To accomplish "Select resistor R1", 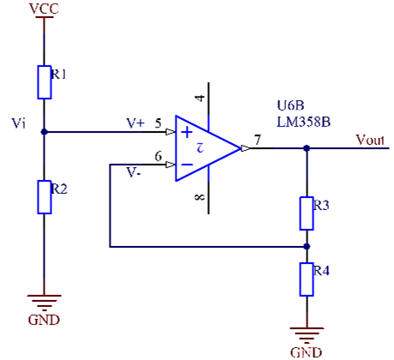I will coord(45,81).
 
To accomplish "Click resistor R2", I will coord(45,196).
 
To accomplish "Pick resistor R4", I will coord(307,279).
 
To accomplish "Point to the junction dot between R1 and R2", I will coord(45,133).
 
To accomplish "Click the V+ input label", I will coord(135,123).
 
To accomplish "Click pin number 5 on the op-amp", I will coord(158,123).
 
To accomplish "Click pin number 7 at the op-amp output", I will coord(258,140).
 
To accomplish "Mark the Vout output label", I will coord(370,140).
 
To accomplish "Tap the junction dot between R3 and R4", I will coord(307,246).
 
